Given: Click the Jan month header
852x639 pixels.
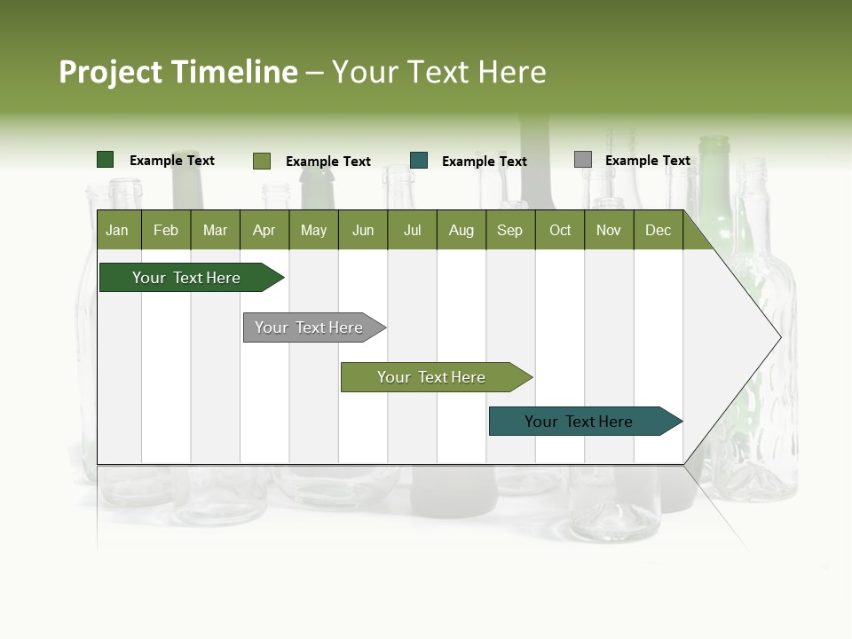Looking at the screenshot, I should click(118, 230).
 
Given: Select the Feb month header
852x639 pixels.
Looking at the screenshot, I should click(166, 230).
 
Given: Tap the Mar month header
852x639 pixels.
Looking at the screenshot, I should click(215, 230).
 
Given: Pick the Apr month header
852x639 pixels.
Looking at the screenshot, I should click(264, 230).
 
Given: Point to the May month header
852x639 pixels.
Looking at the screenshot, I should click(313, 230).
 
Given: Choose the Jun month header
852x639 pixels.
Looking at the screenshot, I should click(363, 230).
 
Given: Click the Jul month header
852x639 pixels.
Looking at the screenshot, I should click(412, 230).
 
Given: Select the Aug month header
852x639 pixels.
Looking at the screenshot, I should click(461, 230).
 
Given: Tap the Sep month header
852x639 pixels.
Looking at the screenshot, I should click(510, 230).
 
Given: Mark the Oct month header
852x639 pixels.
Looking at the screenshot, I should click(560, 230).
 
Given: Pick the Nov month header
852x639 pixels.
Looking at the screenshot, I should click(609, 230).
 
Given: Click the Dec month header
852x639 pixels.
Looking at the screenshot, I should click(659, 230).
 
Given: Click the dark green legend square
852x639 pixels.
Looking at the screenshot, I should click(106, 160).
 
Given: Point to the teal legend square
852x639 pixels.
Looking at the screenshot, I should click(419, 160).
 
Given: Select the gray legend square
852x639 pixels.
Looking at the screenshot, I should click(583, 160).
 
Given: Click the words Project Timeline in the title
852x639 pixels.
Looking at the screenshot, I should click(177, 72).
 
